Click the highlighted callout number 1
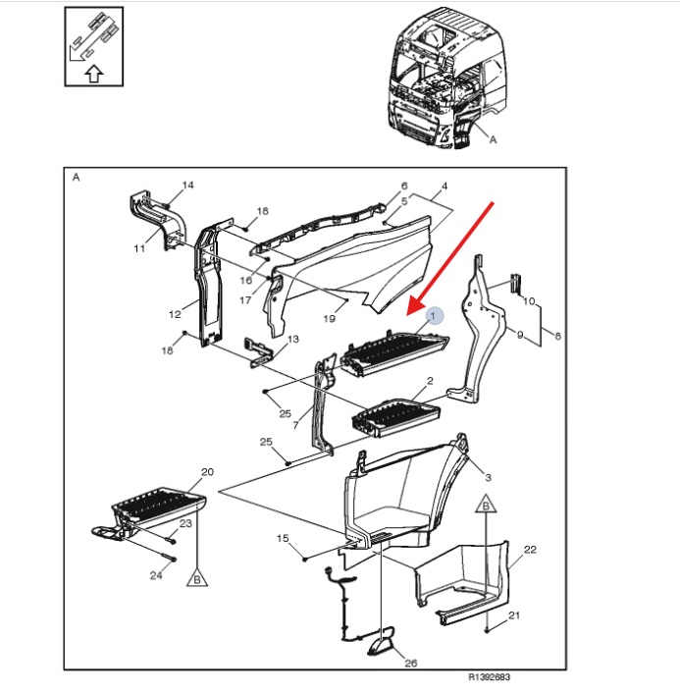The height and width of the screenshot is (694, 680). (433, 315)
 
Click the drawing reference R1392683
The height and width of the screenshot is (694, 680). (490, 677)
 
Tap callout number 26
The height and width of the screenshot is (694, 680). (410, 663)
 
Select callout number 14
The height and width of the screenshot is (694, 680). (188, 185)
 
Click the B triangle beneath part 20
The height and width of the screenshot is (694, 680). (197, 578)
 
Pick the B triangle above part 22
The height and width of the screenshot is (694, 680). (486, 505)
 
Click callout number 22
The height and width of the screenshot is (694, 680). (530, 550)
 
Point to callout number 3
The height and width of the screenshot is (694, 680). (488, 478)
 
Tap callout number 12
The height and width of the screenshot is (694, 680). (175, 314)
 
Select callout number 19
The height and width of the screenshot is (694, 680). (329, 318)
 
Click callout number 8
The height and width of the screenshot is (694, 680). (557, 336)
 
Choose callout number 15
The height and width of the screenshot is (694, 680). (283, 538)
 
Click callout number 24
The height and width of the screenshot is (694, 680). (156, 575)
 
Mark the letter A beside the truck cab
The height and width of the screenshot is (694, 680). (494, 139)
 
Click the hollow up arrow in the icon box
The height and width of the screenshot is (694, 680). (94, 74)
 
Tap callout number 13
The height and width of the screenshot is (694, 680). (293, 339)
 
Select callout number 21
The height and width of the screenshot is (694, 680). (513, 615)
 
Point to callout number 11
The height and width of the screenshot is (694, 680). (139, 248)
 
